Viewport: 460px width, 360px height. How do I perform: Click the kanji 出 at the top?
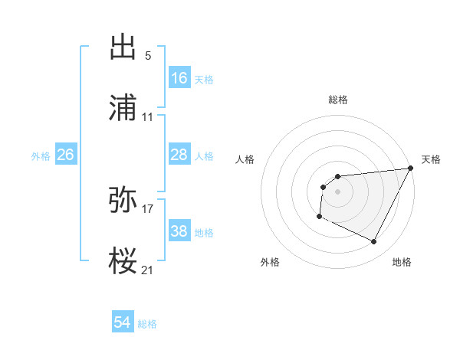tap(123, 47)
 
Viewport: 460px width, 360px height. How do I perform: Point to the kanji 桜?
tap(123, 261)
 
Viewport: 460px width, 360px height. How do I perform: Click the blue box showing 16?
tap(179, 78)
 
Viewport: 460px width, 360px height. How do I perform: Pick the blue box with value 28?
tap(179, 155)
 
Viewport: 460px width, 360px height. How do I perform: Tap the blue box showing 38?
tap(179, 231)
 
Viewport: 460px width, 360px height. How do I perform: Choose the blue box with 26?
tap(65, 155)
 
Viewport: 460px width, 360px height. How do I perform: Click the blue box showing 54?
tap(123, 322)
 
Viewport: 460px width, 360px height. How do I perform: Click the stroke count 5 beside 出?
tap(148, 56)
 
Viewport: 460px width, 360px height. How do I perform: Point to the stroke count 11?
tap(148, 117)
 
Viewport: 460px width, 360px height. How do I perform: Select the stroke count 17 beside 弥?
tap(148, 208)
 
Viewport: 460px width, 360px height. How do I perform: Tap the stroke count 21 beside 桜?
tap(148, 270)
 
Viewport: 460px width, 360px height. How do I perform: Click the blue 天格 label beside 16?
tap(204, 79)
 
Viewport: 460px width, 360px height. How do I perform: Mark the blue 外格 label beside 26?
tap(41, 155)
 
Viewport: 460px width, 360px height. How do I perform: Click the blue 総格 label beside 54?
tap(147, 323)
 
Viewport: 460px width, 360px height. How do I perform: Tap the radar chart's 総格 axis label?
tap(338, 100)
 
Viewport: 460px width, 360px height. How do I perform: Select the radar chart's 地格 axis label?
tap(402, 262)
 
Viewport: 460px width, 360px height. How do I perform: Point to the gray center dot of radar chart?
tap(338, 191)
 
